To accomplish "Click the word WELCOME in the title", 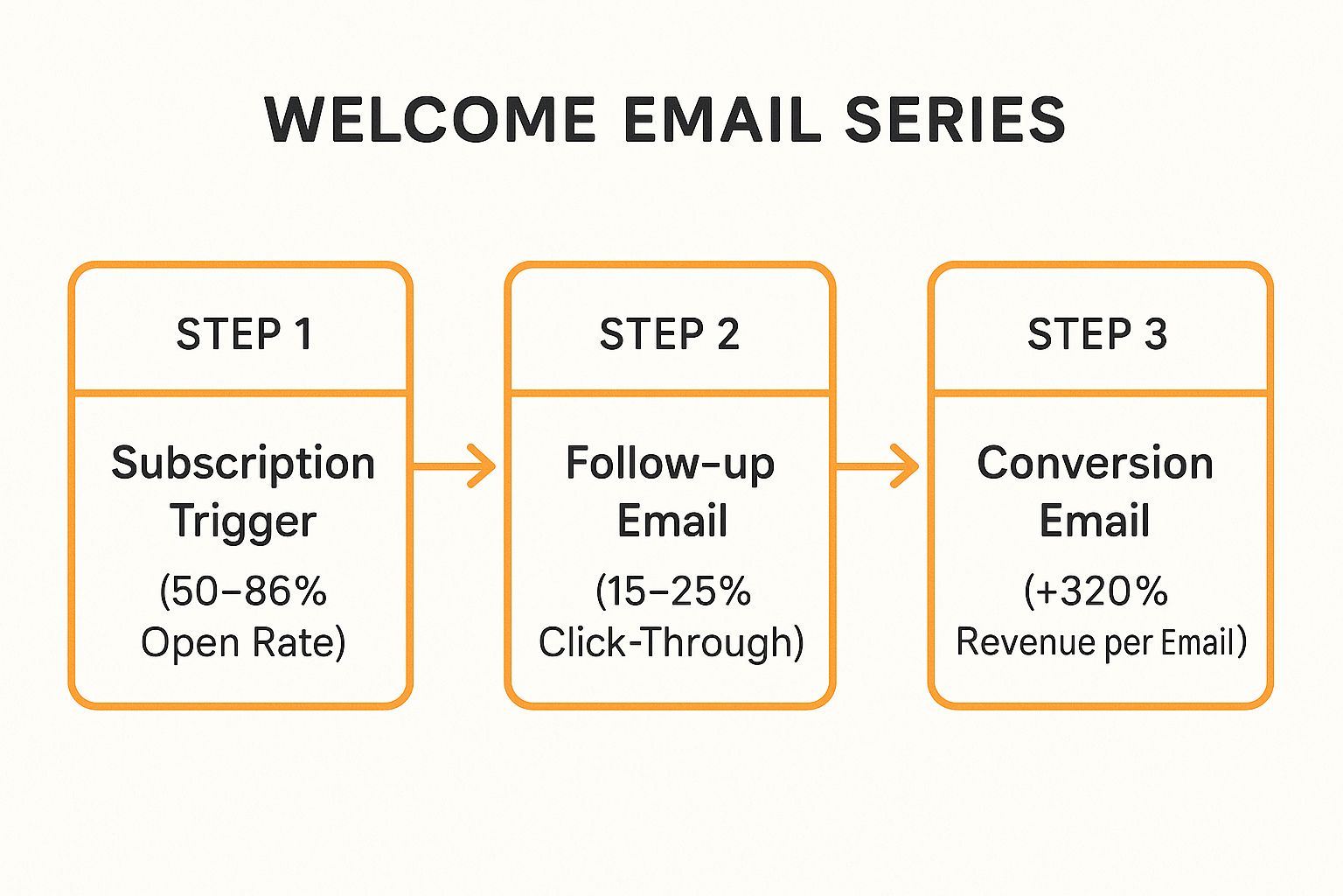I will [x=430, y=120].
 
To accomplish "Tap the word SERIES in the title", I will [x=955, y=120].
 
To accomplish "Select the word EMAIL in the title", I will [x=722, y=120].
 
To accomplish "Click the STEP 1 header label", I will [x=244, y=334].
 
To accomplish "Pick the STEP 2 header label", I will [x=669, y=334].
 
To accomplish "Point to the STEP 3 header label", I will [x=1096, y=334].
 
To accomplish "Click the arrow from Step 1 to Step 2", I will [x=455, y=465].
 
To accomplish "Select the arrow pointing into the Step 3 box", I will [x=878, y=465].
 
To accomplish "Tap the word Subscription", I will [x=243, y=464].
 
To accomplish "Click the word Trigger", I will [x=243, y=521].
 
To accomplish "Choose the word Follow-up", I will [x=670, y=464].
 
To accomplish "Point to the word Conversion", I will [x=1095, y=463].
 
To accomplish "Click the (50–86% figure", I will [x=243, y=591].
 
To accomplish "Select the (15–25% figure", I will [x=672, y=591].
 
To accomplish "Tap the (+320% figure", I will [x=1096, y=591].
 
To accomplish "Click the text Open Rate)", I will [x=243, y=642].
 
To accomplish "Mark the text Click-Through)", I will [x=671, y=642].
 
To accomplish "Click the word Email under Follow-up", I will [x=671, y=521].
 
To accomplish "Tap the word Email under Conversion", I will [x=1094, y=521].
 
